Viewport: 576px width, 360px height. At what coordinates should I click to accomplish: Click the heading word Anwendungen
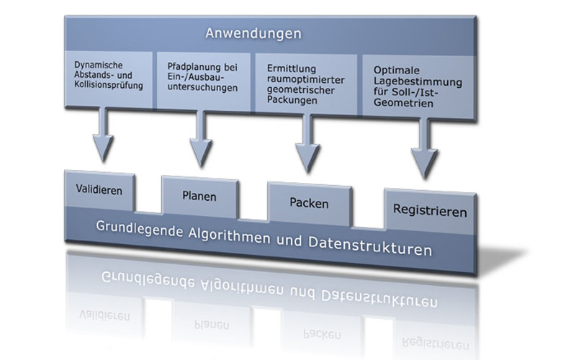point(253,33)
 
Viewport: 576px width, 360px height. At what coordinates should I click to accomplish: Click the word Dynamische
point(99,65)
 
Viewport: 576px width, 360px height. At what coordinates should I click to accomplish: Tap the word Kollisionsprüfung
point(109,86)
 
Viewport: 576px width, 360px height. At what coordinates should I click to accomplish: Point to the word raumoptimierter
point(305,80)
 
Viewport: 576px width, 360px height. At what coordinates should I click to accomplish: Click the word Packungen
point(292,100)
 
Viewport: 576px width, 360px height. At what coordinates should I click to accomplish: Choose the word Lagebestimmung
point(418,82)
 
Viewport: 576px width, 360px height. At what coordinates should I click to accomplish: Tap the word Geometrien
point(403,103)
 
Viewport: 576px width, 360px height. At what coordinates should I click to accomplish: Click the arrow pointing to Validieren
point(103,135)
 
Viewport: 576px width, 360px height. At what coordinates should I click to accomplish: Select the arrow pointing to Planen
point(201,139)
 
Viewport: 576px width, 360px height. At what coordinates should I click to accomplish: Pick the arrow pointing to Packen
point(308,143)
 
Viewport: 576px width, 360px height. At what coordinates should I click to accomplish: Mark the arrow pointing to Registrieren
point(424,148)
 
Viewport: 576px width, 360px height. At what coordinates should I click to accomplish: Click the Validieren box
point(99,190)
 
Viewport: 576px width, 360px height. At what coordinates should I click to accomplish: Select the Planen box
point(200,197)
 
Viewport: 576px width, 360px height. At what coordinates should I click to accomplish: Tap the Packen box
point(310,204)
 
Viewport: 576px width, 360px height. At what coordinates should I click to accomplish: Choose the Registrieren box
point(430,211)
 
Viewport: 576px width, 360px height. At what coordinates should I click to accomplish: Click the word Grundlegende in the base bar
point(140,230)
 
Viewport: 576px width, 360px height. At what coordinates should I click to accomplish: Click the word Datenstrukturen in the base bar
point(370,246)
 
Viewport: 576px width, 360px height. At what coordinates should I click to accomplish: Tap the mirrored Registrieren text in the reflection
point(436,343)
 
